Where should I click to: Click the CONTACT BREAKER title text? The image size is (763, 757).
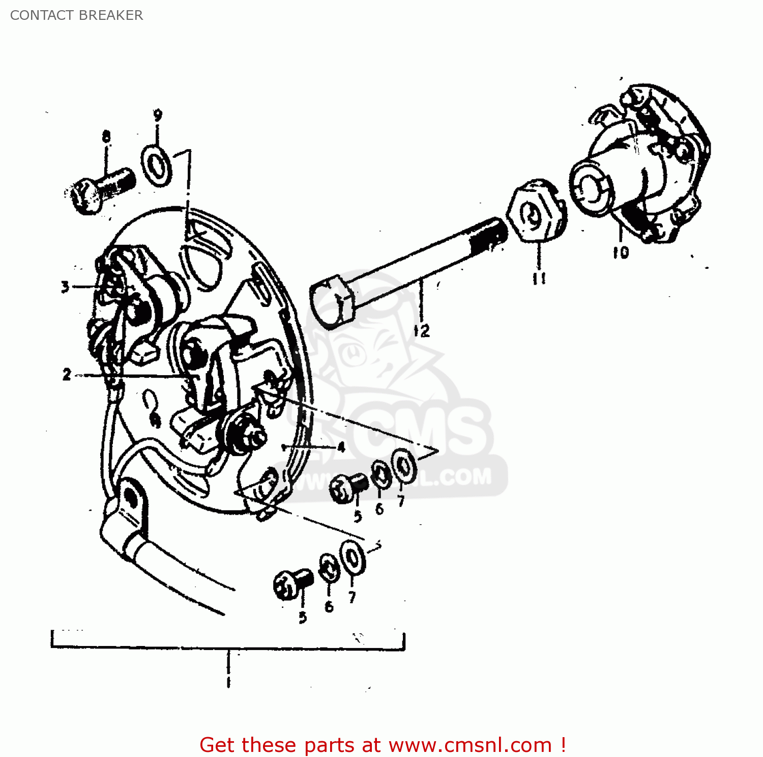click(76, 15)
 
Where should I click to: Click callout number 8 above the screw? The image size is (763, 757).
click(106, 136)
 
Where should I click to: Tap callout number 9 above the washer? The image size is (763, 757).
click(158, 116)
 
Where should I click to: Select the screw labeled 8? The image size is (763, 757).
click(102, 189)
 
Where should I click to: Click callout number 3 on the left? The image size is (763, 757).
click(65, 287)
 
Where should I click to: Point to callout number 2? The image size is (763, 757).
click(67, 375)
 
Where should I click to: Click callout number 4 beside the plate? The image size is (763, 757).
click(341, 447)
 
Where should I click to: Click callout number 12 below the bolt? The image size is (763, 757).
click(422, 331)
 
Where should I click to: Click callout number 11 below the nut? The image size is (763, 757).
click(539, 278)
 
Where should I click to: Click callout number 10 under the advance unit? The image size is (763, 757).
click(621, 253)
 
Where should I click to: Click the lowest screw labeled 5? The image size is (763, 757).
click(292, 584)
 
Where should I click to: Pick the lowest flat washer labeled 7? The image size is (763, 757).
click(353, 558)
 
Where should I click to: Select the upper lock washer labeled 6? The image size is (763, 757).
click(380, 474)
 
